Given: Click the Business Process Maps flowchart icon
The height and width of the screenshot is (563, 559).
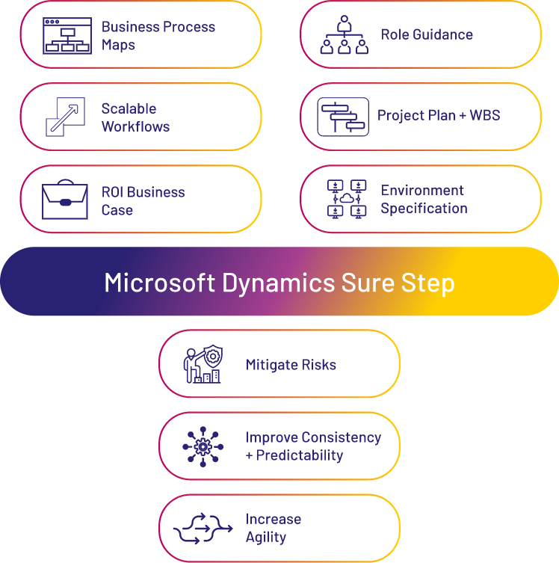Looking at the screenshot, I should click(67, 35).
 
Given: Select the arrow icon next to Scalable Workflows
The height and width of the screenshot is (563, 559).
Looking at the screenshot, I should click(65, 117).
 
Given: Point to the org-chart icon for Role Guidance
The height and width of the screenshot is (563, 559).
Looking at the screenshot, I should click(345, 35).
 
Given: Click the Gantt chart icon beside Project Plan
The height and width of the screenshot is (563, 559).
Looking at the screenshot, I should click(343, 117).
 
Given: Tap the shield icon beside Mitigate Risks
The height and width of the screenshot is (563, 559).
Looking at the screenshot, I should click(203, 365).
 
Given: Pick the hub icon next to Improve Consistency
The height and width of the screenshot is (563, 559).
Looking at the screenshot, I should click(203, 447).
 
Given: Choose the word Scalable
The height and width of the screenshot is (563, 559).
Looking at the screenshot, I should click(129, 108).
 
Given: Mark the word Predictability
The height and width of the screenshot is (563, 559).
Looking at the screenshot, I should click(300, 455).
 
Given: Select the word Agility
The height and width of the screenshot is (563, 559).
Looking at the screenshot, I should click(266, 537).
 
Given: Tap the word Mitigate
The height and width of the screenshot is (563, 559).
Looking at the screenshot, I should click(269, 365).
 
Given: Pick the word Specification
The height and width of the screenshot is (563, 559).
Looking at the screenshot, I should click(424, 209).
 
